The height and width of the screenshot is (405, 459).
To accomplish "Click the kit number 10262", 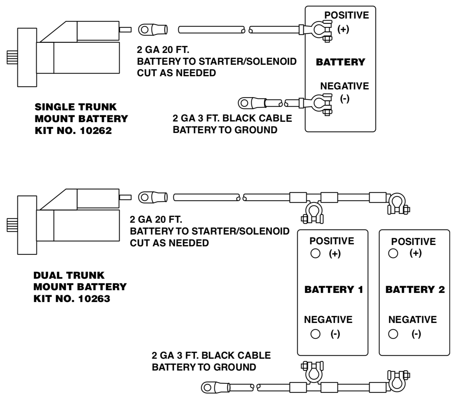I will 96,131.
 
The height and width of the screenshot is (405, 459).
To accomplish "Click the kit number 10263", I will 94,299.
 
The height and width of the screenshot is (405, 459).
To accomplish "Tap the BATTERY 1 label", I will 333,290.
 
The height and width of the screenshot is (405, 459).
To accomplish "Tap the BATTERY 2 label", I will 415,290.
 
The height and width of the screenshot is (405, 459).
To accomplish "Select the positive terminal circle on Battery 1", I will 315,253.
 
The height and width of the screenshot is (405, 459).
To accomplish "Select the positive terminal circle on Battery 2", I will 393,253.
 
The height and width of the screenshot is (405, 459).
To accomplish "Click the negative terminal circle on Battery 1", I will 315,334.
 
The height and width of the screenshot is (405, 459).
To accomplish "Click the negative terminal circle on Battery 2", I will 393,334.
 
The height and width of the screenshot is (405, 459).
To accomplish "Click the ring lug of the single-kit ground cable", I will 245,103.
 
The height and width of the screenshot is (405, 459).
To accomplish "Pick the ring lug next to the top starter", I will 145,30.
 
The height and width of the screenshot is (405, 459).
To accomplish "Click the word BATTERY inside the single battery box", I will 340,62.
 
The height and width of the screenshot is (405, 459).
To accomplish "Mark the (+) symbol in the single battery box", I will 343,29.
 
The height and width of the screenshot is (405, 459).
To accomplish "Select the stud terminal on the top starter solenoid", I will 125,30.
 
